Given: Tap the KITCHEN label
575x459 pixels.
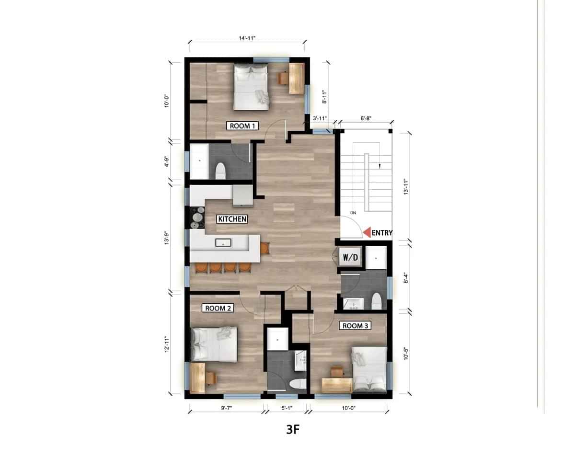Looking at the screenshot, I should (x=232, y=219).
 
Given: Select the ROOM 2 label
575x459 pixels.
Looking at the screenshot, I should (x=219, y=308).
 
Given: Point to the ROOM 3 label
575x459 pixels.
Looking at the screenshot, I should (x=355, y=326).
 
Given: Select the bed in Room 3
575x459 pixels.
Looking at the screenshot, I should (x=369, y=368).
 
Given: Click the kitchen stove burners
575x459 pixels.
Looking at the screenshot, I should (x=196, y=218).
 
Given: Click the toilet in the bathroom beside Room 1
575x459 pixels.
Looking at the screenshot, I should (x=220, y=170).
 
